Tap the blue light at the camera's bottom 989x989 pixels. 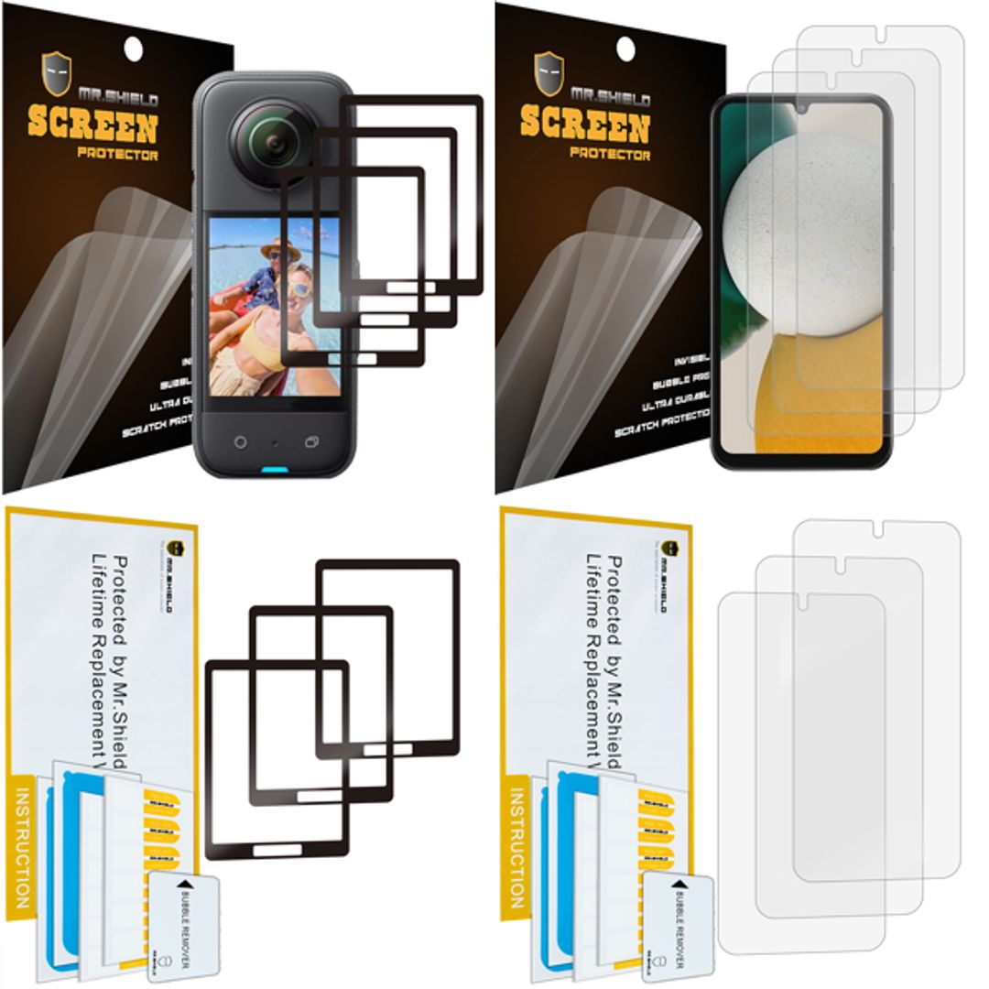pos(274,472)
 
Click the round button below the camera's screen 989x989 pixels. pos(240,441)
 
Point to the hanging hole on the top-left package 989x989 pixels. pos(133,48)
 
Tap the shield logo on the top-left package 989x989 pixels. pos(57,73)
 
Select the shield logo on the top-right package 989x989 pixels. pos(549,73)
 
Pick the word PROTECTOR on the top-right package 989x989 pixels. pos(609,154)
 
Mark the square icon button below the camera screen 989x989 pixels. pos(311,441)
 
